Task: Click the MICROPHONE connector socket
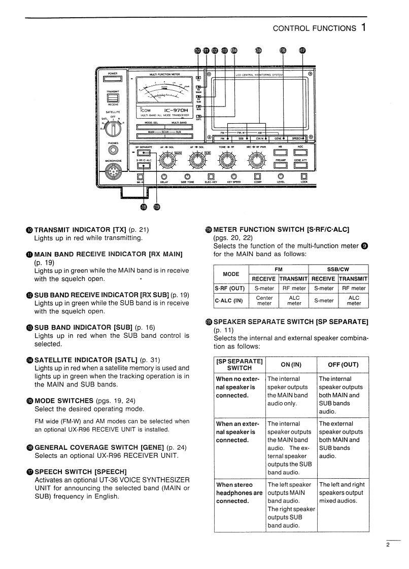coord(113,174)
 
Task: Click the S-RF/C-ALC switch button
coord(144,165)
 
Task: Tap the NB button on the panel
coord(281,152)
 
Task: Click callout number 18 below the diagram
coord(144,206)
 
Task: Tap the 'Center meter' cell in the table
coord(264,301)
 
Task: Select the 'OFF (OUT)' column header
coord(343,364)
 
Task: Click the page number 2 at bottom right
coord(387,546)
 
